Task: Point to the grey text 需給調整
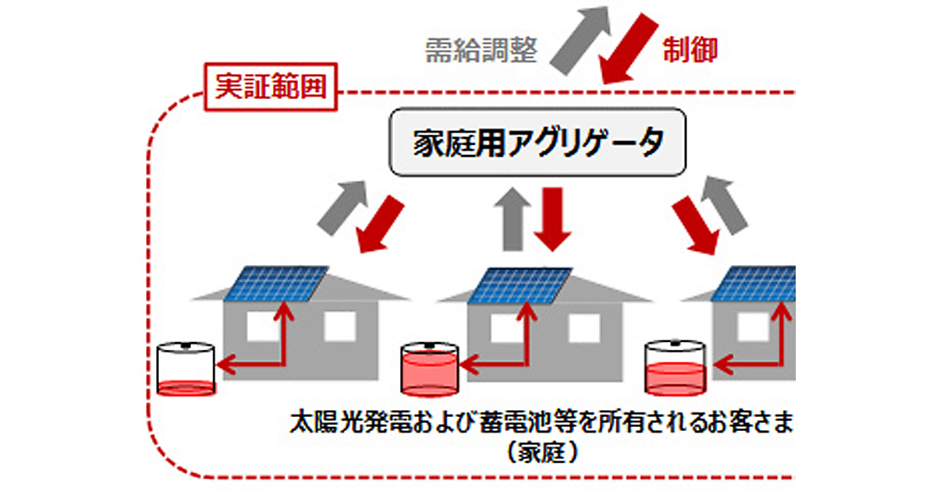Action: click(x=481, y=51)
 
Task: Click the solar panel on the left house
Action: click(x=278, y=283)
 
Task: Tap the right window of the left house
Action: click(x=340, y=327)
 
